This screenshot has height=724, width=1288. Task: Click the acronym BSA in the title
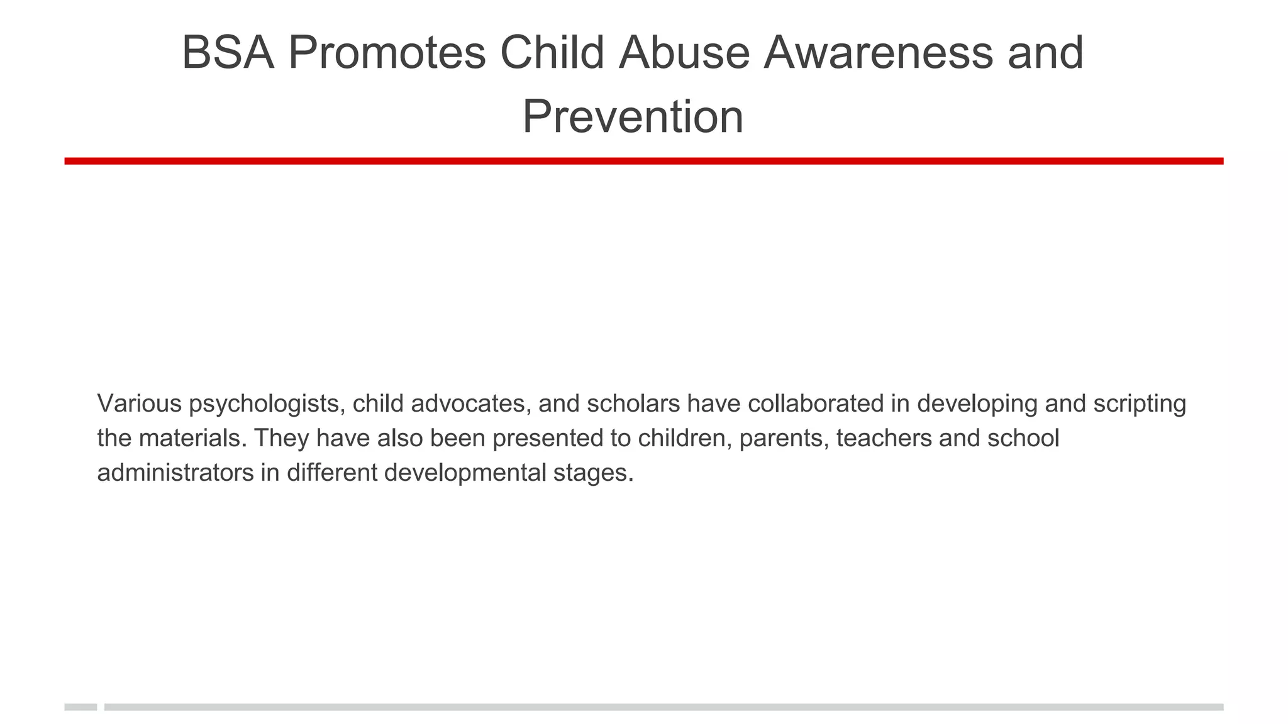click(x=228, y=53)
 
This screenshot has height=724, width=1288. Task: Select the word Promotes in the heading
click(x=387, y=53)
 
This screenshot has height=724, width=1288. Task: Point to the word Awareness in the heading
click(x=878, y=53)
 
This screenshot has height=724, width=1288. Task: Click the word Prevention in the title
click(x=633, y=117)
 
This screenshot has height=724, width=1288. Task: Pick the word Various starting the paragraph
click(x=140, y=403)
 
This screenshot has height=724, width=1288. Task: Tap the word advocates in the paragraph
click(x=468, y=403)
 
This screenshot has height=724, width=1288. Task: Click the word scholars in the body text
click(x=633, y=403)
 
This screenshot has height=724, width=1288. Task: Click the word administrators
click(x=175, y=473)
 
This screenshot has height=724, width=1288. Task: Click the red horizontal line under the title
click(x=643, y=162)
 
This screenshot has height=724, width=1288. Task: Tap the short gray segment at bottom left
click(x=80, y=707)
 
